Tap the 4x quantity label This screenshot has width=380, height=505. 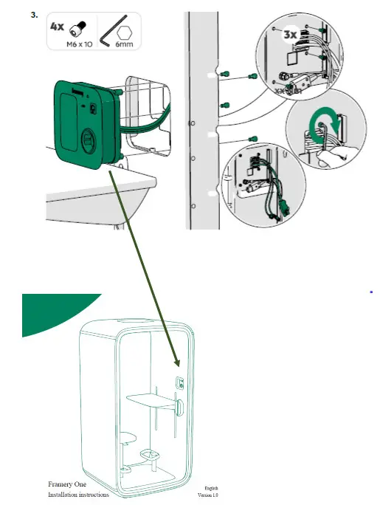tap(57, 26)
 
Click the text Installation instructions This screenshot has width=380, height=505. tap(78, 494)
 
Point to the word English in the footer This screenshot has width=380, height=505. tap(212, 488)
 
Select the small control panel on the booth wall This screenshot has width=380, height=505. tap(179, 381)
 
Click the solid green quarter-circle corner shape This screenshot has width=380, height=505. tap(52, 314)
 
